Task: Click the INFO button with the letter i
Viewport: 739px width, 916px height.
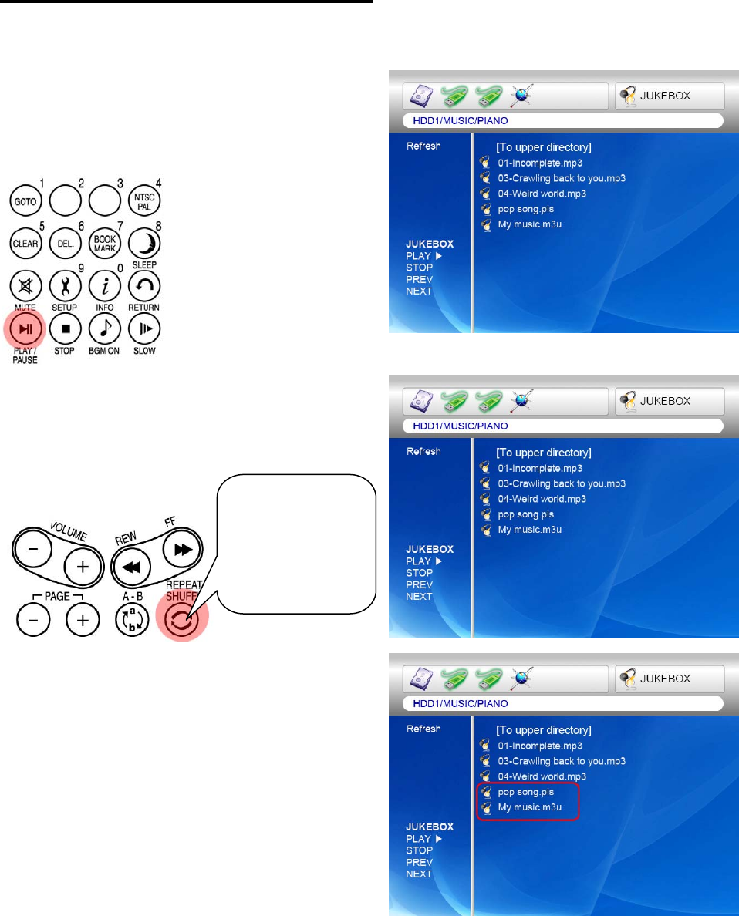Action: coord(103,286)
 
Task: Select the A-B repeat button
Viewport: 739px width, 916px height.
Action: coord(130,619)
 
